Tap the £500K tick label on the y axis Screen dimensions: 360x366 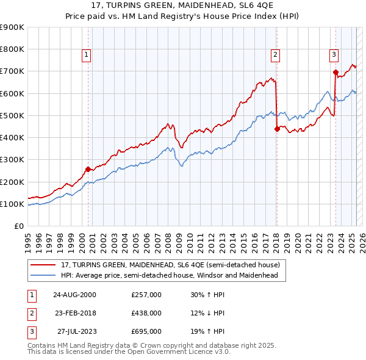pos(12,115)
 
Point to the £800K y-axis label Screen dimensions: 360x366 pos(12,49)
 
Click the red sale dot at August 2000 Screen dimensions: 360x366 pos(88,169)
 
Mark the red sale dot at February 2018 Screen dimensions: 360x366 pos(277,129)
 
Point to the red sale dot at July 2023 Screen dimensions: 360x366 pos(335,72)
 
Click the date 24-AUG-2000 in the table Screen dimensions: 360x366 pos(75,294)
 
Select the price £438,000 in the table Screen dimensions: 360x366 pos(146,313)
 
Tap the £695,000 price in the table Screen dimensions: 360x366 pos(146,332)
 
